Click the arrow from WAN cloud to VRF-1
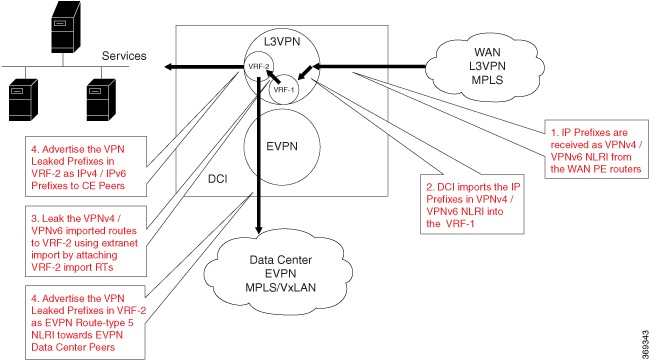(x=360, y=70)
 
